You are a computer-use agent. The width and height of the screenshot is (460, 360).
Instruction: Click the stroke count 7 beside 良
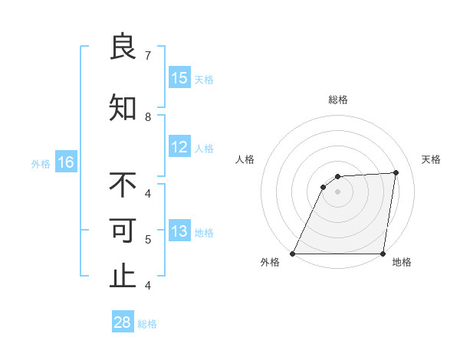click(148, 56)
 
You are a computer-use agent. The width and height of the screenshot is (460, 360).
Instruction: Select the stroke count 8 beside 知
click(148, 117)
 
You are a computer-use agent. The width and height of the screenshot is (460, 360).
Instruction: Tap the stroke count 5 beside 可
click(148, 240)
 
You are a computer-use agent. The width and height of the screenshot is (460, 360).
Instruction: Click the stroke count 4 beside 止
click(148, 286)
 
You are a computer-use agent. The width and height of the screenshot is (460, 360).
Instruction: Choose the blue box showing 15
click(179, 77)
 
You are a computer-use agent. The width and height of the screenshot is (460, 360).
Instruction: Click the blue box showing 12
click(179, 147)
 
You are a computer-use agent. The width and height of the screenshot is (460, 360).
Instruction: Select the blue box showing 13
click(179, 231)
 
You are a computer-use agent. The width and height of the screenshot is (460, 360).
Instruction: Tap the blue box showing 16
click(65, 162)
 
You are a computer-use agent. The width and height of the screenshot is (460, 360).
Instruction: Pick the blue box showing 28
click(123, 322)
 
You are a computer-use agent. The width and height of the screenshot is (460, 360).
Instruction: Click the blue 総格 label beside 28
click(147, 324)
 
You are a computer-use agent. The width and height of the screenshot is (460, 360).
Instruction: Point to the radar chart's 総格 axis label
click(338, 100)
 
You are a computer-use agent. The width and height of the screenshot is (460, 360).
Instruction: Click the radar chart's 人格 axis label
click(245, 159)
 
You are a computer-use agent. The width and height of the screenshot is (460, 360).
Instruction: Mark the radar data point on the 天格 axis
click(396, 172)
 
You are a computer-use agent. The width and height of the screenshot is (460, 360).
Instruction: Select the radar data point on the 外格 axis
click(293, 254)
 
